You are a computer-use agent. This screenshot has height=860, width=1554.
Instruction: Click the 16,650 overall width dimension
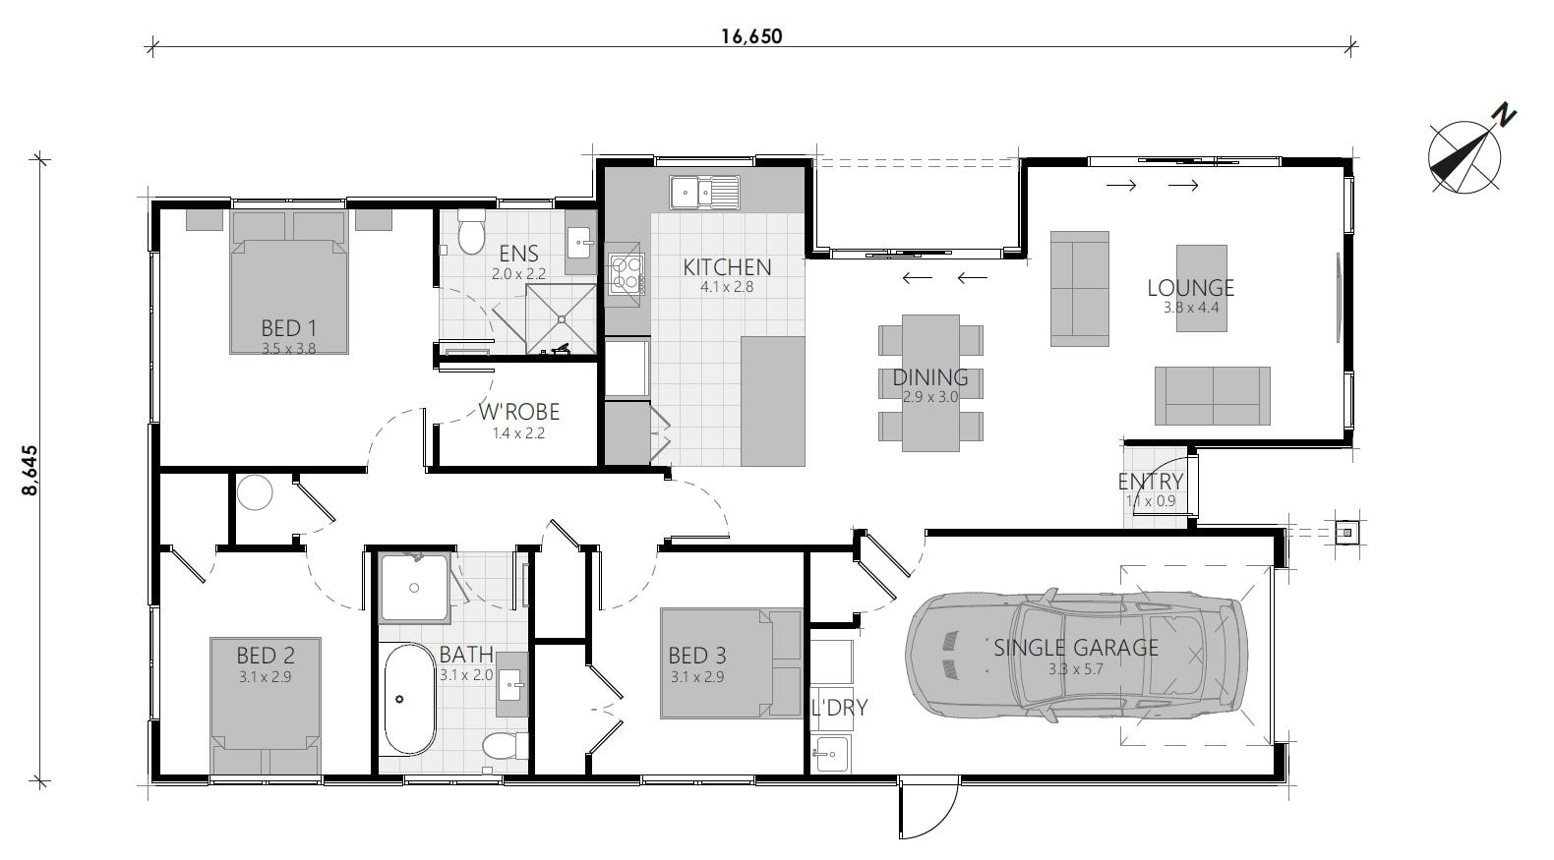pos(751,37)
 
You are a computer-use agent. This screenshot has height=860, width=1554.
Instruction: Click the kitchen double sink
pos(704,194)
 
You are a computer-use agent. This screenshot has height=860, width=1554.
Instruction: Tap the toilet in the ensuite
pos(471,233)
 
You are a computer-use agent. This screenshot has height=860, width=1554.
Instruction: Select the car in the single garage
pos(1077,654)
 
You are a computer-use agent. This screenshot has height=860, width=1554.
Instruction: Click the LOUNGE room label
pos(1190,288)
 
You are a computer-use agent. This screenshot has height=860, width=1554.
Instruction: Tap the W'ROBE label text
pos(518,412)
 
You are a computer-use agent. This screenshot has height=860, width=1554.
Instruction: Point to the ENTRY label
pos(1150,482)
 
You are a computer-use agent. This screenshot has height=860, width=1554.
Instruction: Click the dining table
pos(930,383)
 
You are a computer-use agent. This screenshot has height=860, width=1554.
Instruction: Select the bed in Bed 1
pos(288,295)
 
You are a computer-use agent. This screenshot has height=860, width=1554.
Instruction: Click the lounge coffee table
pos(1201,288)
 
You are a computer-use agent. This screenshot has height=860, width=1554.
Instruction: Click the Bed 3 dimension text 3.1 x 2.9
pos(697,677)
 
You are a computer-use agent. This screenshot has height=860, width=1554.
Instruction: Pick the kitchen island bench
pos(772,400)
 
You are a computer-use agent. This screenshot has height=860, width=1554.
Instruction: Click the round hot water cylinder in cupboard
pos(255,492)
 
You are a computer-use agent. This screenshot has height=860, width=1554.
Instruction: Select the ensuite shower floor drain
pos(562,317)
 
